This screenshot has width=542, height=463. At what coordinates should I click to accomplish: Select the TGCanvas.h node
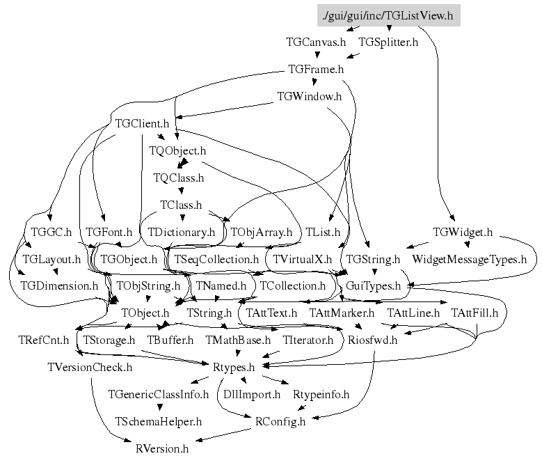(316, 42)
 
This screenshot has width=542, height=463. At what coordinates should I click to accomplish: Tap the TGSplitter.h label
(388, 42)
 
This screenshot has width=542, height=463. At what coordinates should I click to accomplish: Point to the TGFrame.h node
(316, 70)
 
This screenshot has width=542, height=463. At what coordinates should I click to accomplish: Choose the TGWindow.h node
(309, 97)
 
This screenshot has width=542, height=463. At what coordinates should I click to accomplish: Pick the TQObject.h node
(177, 150)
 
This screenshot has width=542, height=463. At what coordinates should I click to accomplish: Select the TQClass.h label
(179, 178)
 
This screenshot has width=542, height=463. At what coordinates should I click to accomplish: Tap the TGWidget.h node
(463, 232)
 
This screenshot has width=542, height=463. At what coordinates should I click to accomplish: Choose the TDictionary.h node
(182, 232)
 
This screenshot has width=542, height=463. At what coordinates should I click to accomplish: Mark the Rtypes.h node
(233, 367)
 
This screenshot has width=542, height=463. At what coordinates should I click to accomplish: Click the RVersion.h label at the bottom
(162, 448)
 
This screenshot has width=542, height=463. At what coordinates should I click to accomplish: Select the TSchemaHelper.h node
(159, 421)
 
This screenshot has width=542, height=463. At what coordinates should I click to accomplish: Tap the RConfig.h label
(280, 421)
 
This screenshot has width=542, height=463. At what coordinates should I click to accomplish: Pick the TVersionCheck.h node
(90, 367)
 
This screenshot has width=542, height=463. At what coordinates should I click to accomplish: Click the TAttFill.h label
(475, 313)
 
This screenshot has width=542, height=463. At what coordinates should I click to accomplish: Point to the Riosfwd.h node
(373, 340)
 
